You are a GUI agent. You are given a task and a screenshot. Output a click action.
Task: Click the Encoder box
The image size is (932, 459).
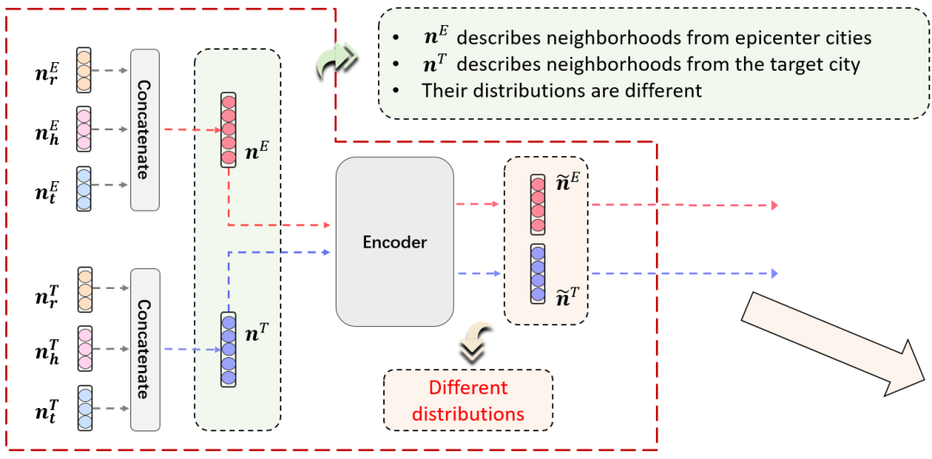[394, 242]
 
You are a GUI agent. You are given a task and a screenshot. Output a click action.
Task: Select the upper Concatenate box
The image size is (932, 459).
[145, 129]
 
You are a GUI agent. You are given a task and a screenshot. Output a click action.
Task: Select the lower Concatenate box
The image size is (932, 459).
[145, 349]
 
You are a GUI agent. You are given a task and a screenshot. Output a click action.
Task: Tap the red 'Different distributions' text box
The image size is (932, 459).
[468, 400]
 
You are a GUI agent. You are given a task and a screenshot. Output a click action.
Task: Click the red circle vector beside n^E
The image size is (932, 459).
[228, 129]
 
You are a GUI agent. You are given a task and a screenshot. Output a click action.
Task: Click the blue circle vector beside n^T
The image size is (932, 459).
[228, 349]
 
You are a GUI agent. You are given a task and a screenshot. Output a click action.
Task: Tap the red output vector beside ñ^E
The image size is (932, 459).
[538, 204]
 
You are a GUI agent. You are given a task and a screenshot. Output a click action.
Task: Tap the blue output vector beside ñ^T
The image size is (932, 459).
[538, 274]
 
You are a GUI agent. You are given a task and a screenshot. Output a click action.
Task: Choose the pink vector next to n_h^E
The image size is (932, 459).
[84, 129]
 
